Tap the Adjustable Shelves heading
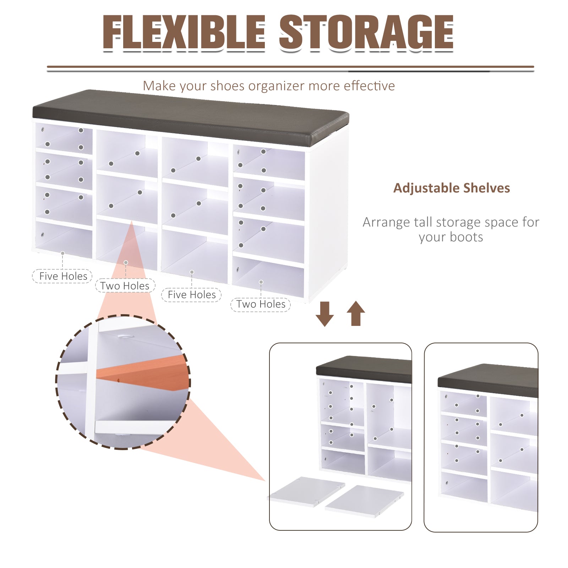(x=452, y=188)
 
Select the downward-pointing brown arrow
(x=324, y=314)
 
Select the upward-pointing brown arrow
(x=356, y=313)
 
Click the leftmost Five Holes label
(x=63, y=276)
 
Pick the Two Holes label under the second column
(x=125, y=286)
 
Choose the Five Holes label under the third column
(x=191, y=295)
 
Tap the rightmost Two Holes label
(x=261, y=304)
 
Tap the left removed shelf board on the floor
(x=306, y=491)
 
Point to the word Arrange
(x=386, y=222)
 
